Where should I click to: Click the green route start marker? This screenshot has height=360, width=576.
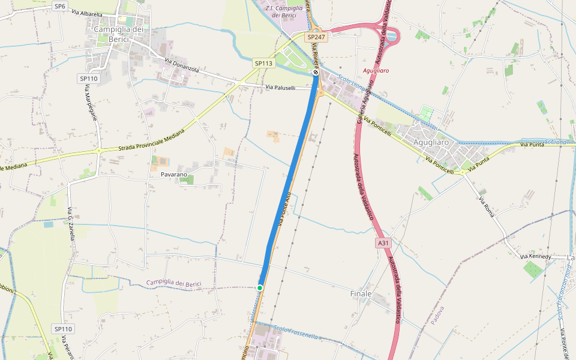pyautogui.click(x=260, y=288)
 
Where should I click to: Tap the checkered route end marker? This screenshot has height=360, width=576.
pyautogui.click(x=316, y=72)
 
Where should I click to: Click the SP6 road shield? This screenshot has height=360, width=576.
pyautogui.click(x=59, y=6)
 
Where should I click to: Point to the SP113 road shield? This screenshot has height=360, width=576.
pyautogui.click(x=263, y=63)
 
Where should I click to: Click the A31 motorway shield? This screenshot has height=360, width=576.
pyautogui.click(x=383, y=243)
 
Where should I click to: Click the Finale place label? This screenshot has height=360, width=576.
pyautogui.click(x=361, y=294)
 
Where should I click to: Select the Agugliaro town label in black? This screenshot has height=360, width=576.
pyautogui.click(x=431, y=142)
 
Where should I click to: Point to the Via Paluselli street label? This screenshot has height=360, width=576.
pyautogui.click(x=281, y=88)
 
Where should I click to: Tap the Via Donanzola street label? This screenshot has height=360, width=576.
pyautogui.click(x=181, y=65)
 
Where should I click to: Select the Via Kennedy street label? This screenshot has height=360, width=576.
pyautogui.click(x=536, y=257)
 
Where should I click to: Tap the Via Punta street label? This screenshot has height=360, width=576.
pyautogui.click(x=532, y=145)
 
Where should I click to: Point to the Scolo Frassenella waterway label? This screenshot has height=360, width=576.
pyautogui.click(x=295, y=332)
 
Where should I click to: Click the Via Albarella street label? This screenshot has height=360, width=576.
pyautogui.click(x=87, y=13)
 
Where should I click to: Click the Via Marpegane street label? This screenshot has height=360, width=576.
pyautogui.click(x=91, y=103)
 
